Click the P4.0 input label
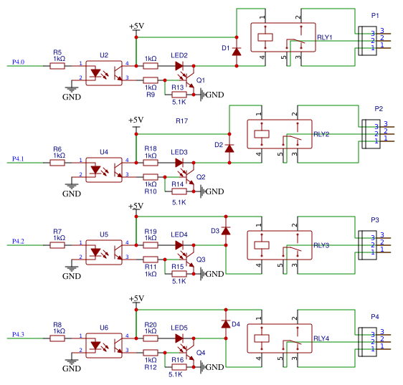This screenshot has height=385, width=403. click(18, 62)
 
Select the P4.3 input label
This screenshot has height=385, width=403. click(18, 334)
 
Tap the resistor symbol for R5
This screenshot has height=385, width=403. click(57, 66)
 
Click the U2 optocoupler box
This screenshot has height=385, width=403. click(104, 73)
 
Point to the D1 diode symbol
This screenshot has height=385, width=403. click(237, 52)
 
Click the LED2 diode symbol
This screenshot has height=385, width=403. click(179, 66)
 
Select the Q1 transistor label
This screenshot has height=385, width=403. click(201, 80)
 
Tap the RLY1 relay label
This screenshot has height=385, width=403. click(325, 37)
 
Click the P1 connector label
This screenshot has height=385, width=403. click(375, 16)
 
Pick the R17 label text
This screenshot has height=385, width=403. click(181, 120)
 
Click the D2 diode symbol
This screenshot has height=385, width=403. click(229, 148)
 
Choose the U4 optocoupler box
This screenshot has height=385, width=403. click(104, 170)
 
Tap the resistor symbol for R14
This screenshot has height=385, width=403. click(179, 191)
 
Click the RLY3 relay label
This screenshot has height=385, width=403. click(321, 245)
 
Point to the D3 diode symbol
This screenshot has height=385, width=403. click(226, 231)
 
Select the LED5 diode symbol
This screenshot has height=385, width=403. click(179, 338)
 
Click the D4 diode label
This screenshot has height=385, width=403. click(236, 324)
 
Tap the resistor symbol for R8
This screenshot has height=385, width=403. click(57, 338)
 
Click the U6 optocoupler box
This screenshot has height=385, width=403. click(104, 346)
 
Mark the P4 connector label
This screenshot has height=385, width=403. click(375, 317)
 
